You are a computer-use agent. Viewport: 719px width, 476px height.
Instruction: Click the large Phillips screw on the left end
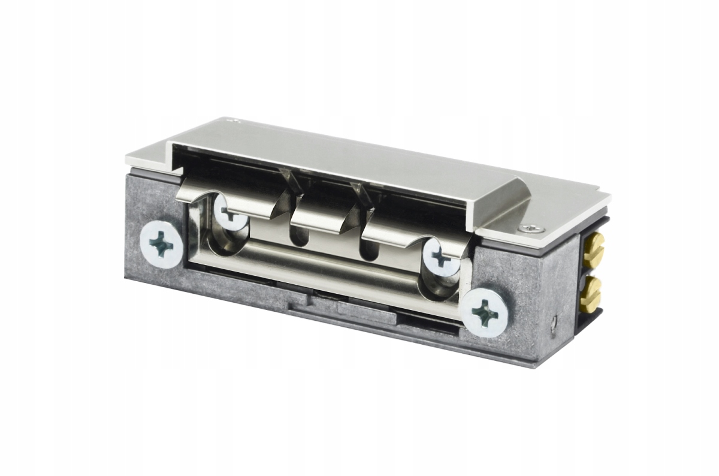tap(161, 246)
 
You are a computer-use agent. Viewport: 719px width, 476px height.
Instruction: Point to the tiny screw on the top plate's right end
tap(530, 228)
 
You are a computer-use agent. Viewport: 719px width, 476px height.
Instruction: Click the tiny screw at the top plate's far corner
tap(237, 121)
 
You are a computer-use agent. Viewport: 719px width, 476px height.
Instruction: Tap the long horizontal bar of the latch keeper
tap(336, 270)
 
